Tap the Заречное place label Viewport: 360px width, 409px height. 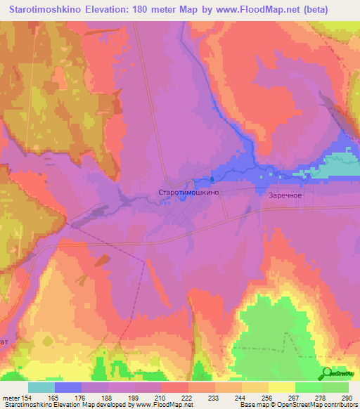click(x=285, y=196)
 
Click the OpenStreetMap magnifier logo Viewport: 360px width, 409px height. click(x=328, y=374)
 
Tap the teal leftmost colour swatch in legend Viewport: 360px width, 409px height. click(x=41, y=387)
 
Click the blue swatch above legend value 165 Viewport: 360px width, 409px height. click(x=68, y=387)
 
